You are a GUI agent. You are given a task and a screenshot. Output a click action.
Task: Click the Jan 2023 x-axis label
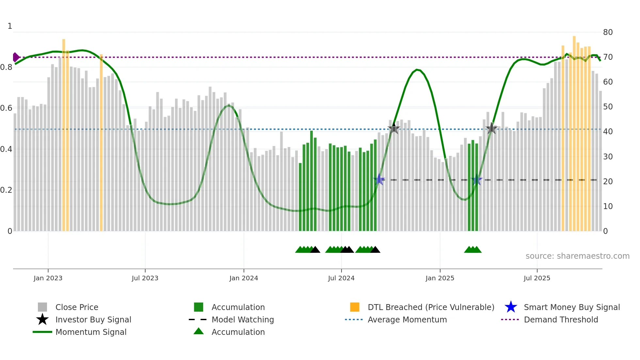[x=48, y=278]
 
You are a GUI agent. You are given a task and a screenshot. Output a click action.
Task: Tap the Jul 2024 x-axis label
[x=341, y=278]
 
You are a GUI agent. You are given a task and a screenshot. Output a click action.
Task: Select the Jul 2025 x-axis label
[x=537, y=278]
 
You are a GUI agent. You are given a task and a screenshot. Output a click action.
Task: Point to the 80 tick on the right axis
[x=608, y=32]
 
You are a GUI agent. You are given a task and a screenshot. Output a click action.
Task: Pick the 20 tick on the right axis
[x=608, y=182]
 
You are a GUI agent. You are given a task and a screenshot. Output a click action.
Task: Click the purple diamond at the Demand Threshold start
[x=16, y=57]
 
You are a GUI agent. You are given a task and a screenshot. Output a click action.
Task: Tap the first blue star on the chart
[x=379, y=179]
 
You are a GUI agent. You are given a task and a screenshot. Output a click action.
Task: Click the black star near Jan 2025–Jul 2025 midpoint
[x=491, y=129]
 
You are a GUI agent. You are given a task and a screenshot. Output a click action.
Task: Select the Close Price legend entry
[x=77, y=307]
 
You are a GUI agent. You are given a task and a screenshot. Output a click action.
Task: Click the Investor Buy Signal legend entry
[x=93, y=319]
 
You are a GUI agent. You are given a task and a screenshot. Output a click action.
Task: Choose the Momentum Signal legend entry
[x=91, y=332]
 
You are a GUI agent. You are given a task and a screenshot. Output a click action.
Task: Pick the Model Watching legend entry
[x=243, y=319]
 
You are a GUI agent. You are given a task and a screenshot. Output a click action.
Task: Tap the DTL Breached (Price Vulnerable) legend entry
[x=431, y=307]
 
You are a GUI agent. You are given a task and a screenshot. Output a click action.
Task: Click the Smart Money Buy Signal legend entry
[x=571, y=307]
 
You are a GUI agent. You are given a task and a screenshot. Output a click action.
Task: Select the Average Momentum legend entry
[x=407, y=319]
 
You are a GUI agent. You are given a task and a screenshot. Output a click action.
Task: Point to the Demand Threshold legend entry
[x=561, y=319]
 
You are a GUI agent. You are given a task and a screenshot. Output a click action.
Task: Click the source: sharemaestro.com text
[x=577, y=256]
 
